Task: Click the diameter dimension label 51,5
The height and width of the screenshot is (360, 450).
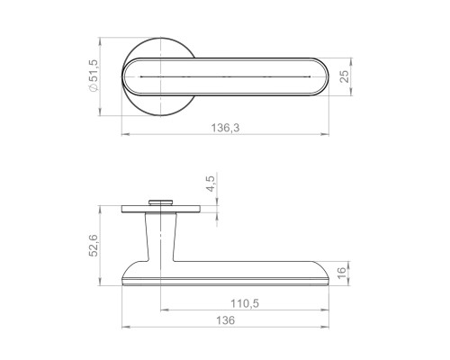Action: pyautogui.click(x=94, y=71)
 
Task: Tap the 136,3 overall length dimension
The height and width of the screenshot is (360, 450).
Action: pyautogui.click(x=225, y=128)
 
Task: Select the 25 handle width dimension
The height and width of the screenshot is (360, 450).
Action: pyautogui.click(x=346, y=76)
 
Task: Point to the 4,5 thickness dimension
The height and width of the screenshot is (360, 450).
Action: pyautogui.click(x=211, y=184)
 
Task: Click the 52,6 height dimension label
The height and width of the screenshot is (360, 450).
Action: pyautogui.click(x=94, y=246)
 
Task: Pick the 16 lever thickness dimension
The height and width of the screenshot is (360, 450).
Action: pyautogui.click(x=342, y=273)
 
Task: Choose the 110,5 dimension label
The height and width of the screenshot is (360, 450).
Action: pyautogui.click(x=245, y=303)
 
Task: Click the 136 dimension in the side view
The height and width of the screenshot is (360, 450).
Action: pyautogui.click(x=225, y=320)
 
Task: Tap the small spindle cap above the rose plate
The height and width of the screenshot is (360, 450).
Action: pyautogui.click(x=161, y=202)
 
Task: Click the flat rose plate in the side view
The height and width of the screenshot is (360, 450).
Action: pyautogui.click(x=161, y=209)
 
